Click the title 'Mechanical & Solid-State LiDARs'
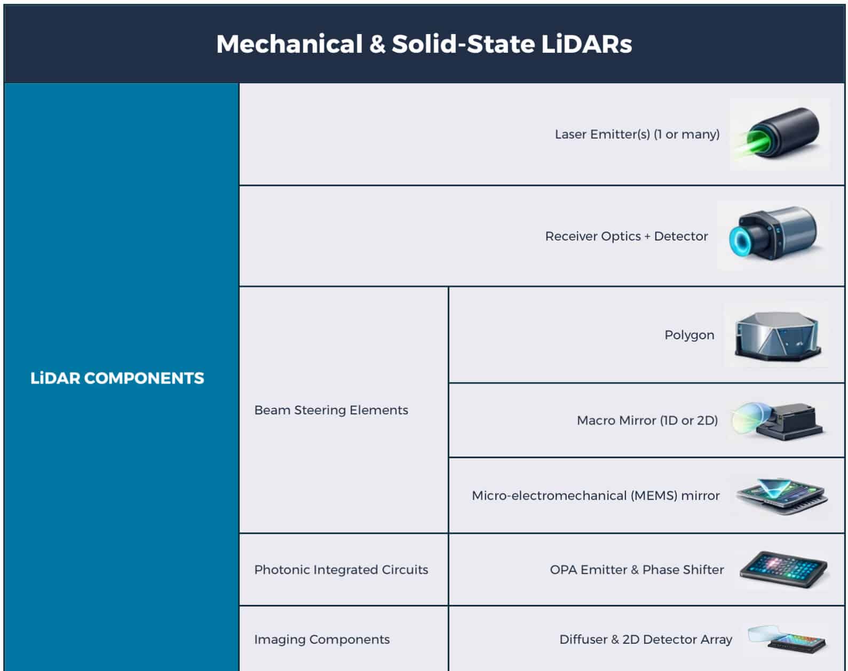point(424,44)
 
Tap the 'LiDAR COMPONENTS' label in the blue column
point(117,378)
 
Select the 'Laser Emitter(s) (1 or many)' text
point(637,134)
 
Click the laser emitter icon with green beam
point(780,134)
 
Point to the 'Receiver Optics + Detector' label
point(626,236)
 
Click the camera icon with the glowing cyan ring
point(774,235)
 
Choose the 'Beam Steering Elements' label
point(331,410)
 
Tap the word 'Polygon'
point(689,335)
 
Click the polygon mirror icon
point(776,335)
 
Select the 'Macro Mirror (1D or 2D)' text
point(647,420)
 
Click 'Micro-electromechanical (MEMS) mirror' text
point(596,496)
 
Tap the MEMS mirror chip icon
point(781,496)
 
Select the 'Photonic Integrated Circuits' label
point(341,570)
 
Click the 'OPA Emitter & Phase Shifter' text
point(637,570)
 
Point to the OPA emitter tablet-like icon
point(783,570)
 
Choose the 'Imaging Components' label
point(322,639)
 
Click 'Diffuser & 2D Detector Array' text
point(645,639)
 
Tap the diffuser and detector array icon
point(788,639)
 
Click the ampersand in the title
point(377,44)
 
